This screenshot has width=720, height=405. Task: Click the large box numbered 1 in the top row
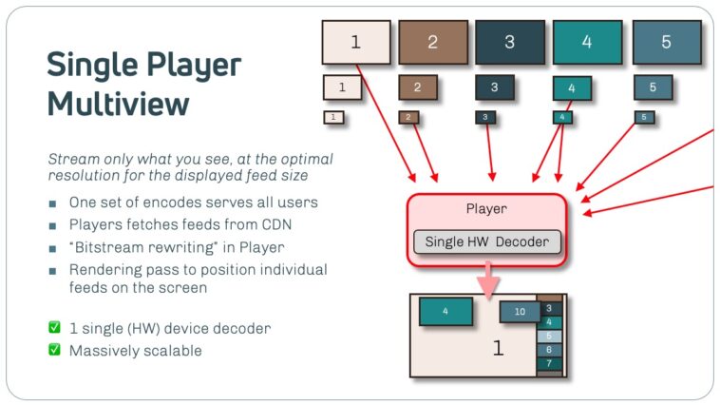356,42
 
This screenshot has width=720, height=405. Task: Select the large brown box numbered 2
433,42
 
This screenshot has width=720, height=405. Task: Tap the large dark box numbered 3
510,42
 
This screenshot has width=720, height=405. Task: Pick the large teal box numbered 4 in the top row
587,42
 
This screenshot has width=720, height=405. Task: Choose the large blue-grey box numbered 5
666,42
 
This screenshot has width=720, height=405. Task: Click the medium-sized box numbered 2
417,87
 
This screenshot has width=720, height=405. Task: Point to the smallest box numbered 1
333,118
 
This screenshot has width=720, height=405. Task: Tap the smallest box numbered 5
644,118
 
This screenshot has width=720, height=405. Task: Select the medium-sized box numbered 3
494,87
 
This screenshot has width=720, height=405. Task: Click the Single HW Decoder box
487,241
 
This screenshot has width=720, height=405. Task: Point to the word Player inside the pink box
487,208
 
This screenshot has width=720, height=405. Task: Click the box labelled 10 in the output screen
520,311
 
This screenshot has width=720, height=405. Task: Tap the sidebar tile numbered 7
549,363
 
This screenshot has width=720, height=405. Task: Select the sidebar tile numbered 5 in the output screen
549,336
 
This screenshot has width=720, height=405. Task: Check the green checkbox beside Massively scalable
54,350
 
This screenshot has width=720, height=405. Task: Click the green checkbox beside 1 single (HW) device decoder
54,328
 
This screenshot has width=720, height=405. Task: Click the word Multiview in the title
118,103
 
